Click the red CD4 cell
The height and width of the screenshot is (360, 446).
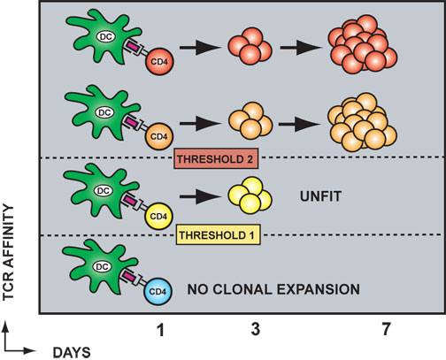(x=159, y=62)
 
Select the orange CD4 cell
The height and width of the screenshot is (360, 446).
(x=159, y=136)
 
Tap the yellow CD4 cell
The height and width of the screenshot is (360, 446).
(x=158, y=216)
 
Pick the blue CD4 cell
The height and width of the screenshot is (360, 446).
(x=158, y=291)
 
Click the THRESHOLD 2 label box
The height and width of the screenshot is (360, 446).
(x=216, y=158)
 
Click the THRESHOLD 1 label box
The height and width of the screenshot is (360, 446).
(x=219, y=235)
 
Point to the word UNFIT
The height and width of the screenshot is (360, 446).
(x=320, y=196)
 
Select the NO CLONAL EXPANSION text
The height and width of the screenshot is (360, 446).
(x=273, y=289)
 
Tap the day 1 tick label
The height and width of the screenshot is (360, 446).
(x=161, y=330)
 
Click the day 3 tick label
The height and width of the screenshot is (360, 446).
(x=256, y=329)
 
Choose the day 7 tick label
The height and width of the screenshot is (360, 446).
(x=386, y=329)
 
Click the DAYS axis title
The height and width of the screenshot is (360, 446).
(x=72, y=353)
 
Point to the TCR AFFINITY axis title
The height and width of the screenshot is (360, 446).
(x=8, y=252)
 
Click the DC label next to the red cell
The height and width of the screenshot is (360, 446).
(x=106, y=36)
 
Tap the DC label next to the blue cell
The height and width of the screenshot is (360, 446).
(x=102, y=267)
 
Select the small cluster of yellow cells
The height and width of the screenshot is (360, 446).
(x=250, y=195)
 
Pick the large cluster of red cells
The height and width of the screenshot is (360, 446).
(x=363, y=44)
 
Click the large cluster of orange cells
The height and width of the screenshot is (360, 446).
(x=362, y=122)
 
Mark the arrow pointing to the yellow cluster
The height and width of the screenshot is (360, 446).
(x=200, y=196)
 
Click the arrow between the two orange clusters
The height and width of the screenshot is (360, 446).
(x=300, y=124)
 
